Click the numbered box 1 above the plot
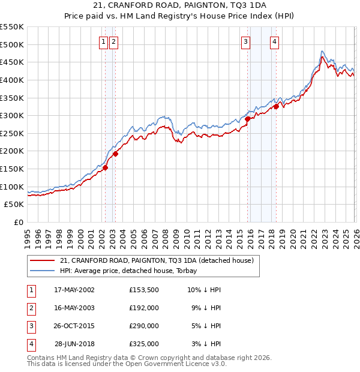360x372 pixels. pos(104,41)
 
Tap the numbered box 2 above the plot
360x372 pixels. pos(113,41)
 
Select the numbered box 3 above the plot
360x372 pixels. pos(246,41)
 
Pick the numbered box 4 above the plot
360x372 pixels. pos(274,41)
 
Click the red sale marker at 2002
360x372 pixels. pos(105,168)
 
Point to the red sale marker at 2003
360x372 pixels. pos(115,154)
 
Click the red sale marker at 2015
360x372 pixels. pos(247,119)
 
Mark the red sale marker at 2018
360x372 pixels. pos(276,106)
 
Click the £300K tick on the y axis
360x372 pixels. pos(12,115)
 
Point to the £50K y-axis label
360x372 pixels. pos(14,205)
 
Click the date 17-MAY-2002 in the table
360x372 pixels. pos(74,290)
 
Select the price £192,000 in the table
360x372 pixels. pos(144,308)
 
